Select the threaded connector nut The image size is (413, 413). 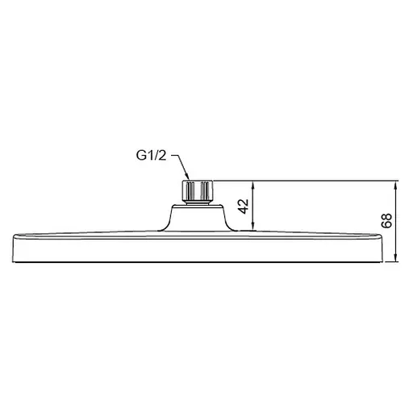[x=198, y=191]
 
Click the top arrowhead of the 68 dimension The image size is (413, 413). [x=395, y=184]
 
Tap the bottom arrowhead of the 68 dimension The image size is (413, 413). [x=395, y=259]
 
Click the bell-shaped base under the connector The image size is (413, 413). [x=198, y=219]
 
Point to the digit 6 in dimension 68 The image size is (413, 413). [x=386, y=227]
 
